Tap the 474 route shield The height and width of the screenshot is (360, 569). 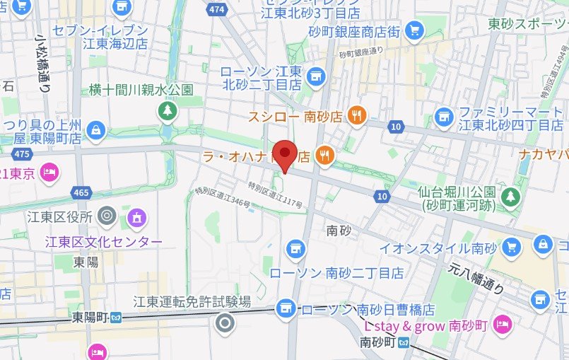[x=216, y=9]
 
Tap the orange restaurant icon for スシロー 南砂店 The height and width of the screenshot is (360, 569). [x=358, y=115]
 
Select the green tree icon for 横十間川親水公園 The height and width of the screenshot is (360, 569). [x=168, y=110]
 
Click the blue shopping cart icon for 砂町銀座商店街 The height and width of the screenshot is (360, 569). [x=415, y=30]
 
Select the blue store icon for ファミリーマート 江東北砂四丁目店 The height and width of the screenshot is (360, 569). [x=444, y=115]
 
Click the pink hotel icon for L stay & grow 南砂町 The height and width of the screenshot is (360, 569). [x=502, y=324]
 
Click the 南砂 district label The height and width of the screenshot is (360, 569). [x=339, y=231]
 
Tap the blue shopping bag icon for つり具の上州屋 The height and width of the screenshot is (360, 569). [x=95, y=130]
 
